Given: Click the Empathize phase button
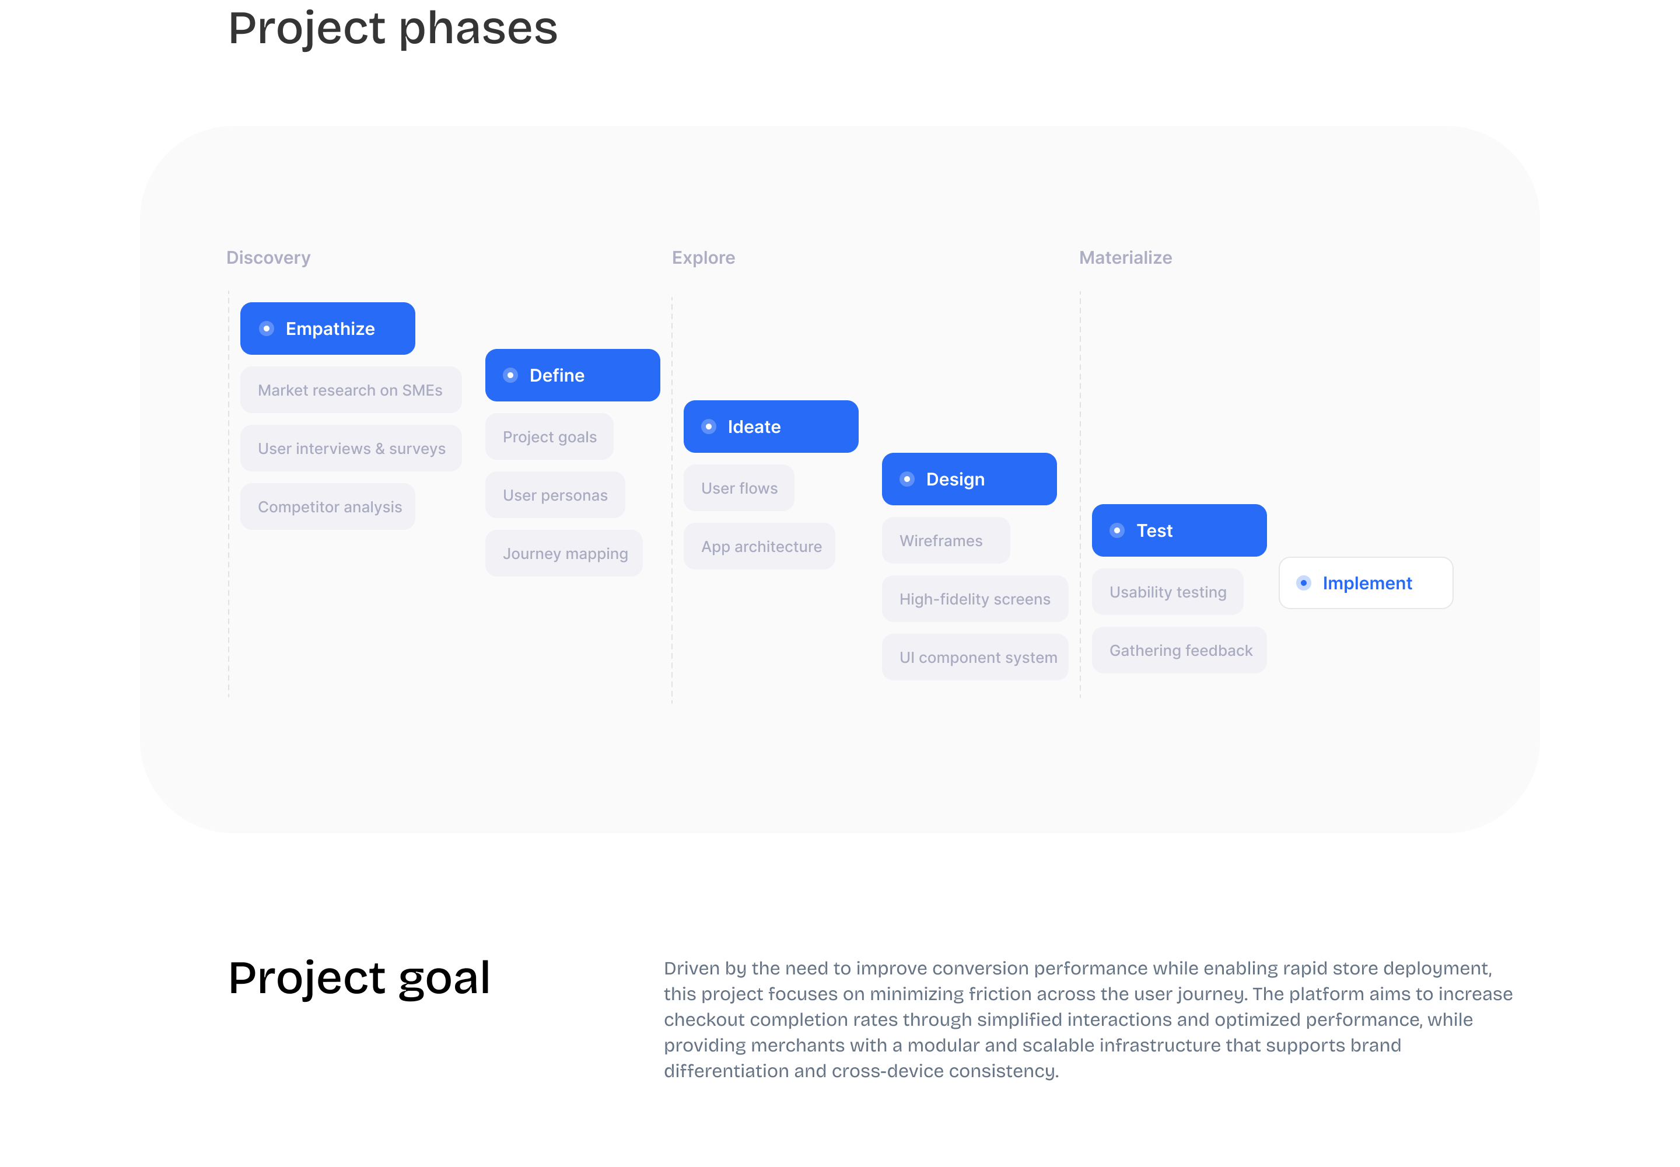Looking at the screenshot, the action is [x=327, y=329].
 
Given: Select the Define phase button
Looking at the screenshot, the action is [x=572, y=375].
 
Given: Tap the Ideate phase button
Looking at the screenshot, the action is [x=771, y=427].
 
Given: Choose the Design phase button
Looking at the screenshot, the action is [x=969, y=479].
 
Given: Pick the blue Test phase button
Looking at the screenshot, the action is [x=1178, y=530].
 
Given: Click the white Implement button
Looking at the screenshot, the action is [x=1365, y=583].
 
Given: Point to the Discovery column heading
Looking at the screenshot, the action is [x=268, y=257].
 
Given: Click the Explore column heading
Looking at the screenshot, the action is [x=703, y=257].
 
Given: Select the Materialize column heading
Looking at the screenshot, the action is [x=1125, y=257].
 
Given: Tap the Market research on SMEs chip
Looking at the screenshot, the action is [x=351, y=390].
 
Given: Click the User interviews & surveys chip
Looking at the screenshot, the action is [x=351, y=448].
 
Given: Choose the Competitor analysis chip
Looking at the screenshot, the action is [x=327, y=506].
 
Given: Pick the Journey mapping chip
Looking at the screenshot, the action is [x=563, y=554].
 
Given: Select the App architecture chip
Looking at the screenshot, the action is [x=759, y=546].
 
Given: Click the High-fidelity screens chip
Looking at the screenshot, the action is [x=975, y=599].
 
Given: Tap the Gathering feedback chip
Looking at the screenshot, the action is [x=1178, y=650].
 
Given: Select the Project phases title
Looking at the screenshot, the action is [x=393, y=29].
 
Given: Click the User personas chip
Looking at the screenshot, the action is [x=555, y=495].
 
